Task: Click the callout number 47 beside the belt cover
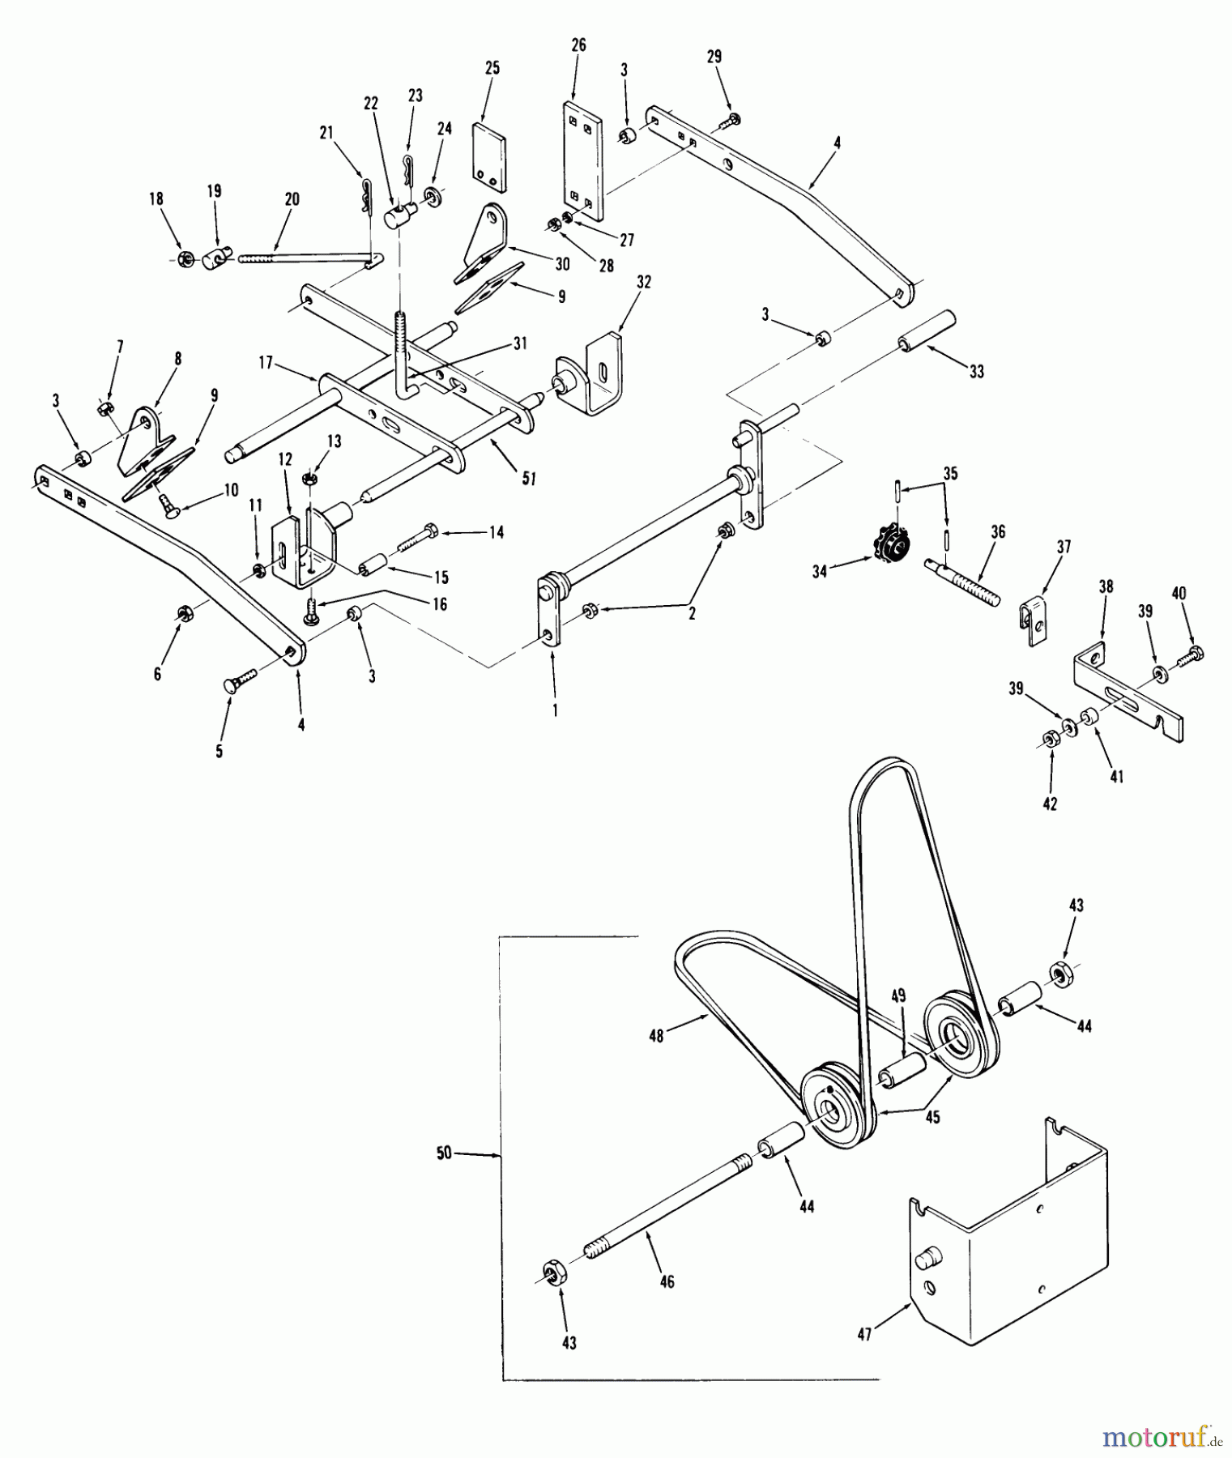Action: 864,1333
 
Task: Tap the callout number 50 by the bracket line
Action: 444,1153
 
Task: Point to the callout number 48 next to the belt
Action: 656,1035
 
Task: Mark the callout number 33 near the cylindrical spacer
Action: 976,371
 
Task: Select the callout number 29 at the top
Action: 714,57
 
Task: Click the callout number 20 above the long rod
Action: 292,198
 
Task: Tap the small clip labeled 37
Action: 1032,619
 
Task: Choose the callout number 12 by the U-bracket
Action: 284,482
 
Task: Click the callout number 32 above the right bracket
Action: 644,282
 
